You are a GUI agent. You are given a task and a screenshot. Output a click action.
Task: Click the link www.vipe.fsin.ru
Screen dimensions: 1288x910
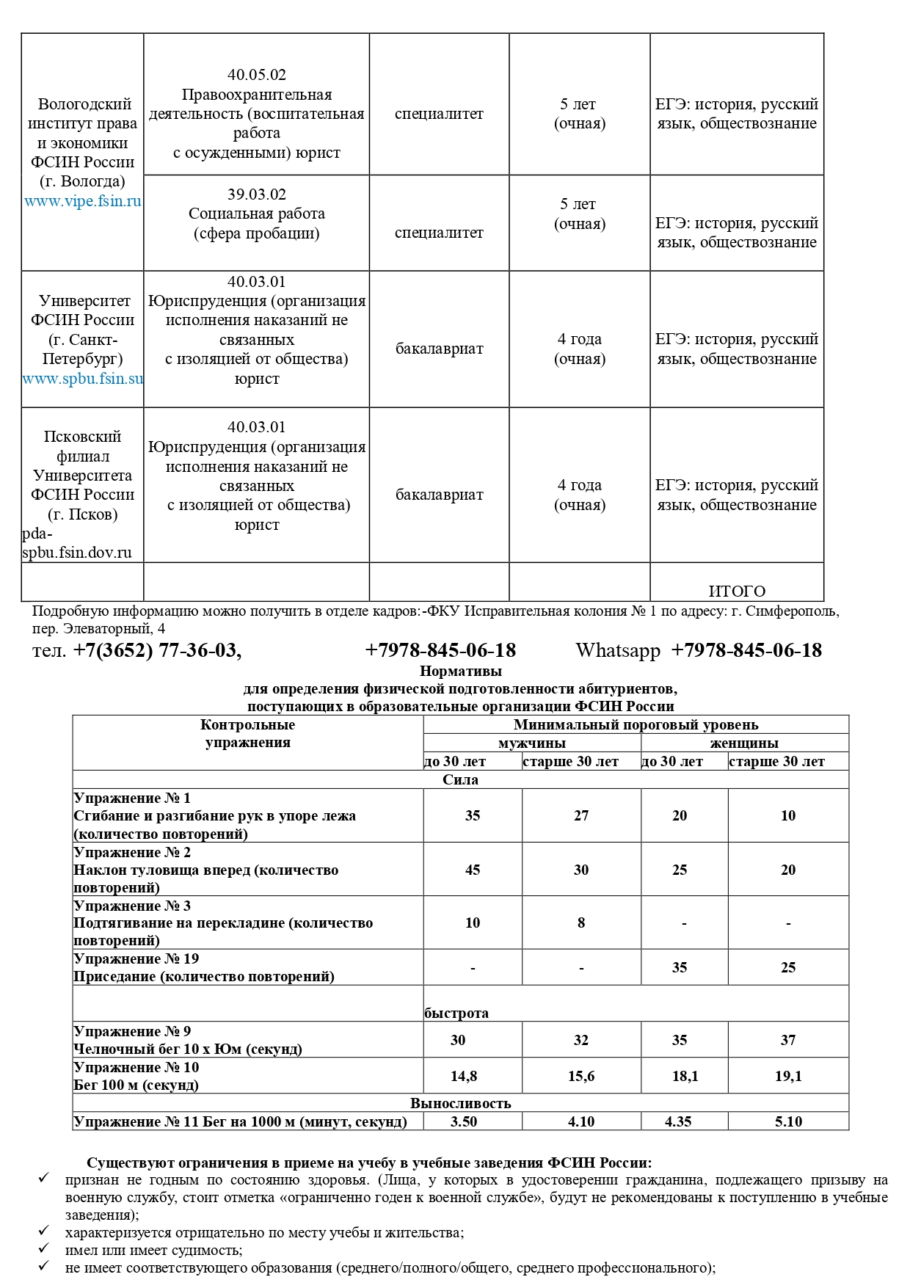(83, 201)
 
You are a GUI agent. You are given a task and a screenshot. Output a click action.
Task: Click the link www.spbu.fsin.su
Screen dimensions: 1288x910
(83, 379)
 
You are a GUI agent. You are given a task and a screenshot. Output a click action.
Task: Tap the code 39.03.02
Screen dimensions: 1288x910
(256, 194)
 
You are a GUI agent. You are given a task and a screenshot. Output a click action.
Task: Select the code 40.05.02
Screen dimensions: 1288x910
(256, 75)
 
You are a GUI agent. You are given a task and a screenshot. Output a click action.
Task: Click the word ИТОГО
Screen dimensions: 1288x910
(737, 592)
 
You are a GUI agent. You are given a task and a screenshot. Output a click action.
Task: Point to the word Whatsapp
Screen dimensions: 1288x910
(618, 651)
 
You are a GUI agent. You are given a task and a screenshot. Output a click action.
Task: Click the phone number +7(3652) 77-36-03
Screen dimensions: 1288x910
(157, 651)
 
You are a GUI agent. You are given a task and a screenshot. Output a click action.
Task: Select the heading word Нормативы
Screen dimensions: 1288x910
(460, 671)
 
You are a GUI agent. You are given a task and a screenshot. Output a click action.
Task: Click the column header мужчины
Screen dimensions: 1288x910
(531, 743)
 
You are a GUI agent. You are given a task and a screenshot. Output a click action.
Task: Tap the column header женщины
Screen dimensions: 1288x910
(744, 743)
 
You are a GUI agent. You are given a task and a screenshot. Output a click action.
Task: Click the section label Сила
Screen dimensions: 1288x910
(460, 779)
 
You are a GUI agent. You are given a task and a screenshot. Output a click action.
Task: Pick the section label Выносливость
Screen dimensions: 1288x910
(460, 1103)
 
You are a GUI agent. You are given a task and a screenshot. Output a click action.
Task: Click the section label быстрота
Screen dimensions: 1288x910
(456, 1013)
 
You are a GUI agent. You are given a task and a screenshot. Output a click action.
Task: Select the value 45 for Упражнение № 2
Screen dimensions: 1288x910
(473, 870)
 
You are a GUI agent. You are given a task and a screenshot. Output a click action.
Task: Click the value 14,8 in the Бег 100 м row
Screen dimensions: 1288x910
(464, 1076)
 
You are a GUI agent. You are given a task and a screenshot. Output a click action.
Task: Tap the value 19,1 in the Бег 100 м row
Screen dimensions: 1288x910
(788, 1076)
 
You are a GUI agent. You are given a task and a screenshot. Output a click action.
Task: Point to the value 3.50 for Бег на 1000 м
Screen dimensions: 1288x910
(464, 1121)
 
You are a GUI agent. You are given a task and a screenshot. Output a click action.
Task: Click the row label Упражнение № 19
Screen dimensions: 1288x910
(136, 958)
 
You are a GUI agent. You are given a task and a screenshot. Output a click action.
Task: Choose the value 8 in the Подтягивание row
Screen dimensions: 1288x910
(581, 923)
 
